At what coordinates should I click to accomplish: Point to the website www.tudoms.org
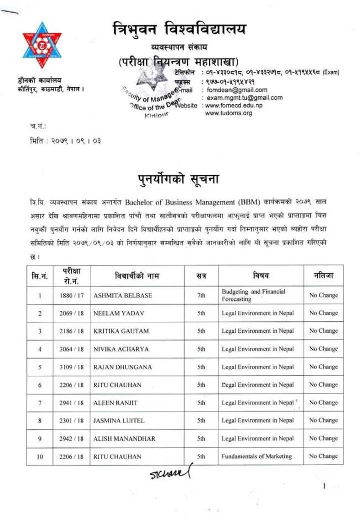pyautogui.click(x=228, y=113)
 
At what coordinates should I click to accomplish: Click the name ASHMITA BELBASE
pyautogui.click(x=122, y=295)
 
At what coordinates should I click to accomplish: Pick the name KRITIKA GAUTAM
pyautogui.click(x=119, y=331)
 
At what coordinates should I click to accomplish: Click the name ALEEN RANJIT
pyautogui.click(x=116, y=403)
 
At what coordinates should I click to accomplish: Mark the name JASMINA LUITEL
pyautogui.click(x=119, y=420)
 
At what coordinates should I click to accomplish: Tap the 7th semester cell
pyautogui.click(x=201, y=295)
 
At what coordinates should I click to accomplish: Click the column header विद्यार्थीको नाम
pyautogui.click(x=137, y=274)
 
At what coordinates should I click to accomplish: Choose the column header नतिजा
pyautogui.click(x=323, y=274)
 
